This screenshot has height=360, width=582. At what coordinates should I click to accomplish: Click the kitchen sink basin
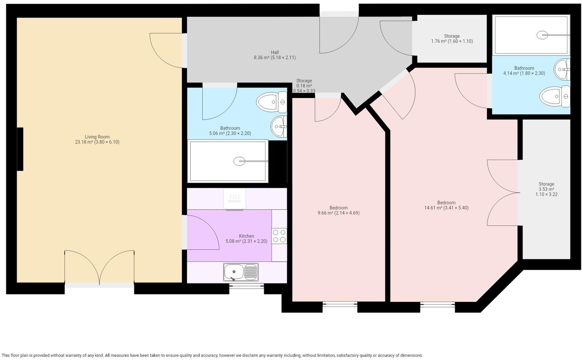[233, 272]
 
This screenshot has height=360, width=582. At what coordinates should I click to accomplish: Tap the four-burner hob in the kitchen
[279, 236]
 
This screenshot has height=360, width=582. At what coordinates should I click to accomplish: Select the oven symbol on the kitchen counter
[235, 199]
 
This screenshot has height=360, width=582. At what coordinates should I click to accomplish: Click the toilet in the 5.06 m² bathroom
[272, 102]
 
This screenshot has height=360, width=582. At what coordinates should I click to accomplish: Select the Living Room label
[97, 137]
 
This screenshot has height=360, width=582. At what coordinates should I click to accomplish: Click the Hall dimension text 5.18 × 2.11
[283, 58]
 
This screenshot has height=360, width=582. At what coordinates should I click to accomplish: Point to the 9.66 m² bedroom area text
[338, 213]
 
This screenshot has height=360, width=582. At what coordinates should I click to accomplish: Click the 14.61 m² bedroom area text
[446, 208]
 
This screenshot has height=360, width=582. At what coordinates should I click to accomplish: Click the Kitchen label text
[246, 236]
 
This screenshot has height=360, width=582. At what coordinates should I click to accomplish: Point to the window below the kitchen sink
[246, 286]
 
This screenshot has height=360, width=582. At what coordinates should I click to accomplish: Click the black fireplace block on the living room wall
[20, 149]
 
